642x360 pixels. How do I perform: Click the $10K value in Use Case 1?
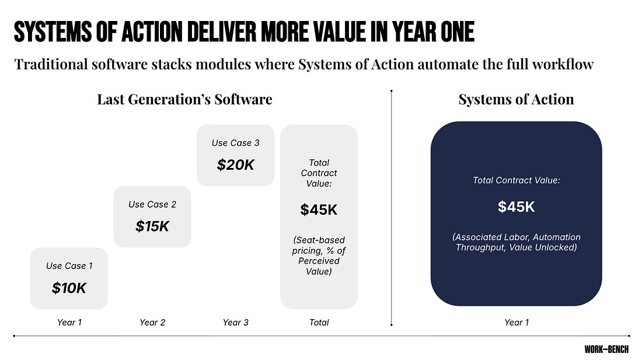pyautogui.click(x=69, y=288)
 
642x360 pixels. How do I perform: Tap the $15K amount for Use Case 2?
pyautogui.click(x=152, y=226)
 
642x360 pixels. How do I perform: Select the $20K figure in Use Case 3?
pyautogui.click(x=235, y=165)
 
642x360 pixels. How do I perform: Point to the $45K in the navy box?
pyautogui.click(x=517, y=207)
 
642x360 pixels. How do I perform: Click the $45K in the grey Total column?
pyautogui.click(x=319, y=209)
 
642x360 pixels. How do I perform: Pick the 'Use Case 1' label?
pyautogui.click(x=69, y=266)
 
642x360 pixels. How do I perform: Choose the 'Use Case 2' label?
pyautogui.click(x=152, y=205)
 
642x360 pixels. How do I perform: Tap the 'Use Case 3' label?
pyautogui.click(x=235, y=143)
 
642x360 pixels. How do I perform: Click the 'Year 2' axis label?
pyautogui.click(x=152, y=322)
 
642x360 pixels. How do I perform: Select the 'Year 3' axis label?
pyautogui.click(x=235, y=322)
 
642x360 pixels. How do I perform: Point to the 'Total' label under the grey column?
pyautogui.click(x=319, y=322)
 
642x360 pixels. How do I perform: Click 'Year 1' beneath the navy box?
pyautogui.click(x=517, y=322)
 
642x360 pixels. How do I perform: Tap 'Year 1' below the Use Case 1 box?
pyautogui.click(x=69, y=322)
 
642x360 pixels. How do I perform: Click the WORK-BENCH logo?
pyautogui.click(x=606, y=349)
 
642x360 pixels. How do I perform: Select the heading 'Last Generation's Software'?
pyautogui.click(x=184, y=99)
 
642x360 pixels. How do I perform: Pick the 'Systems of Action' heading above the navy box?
pyautogui.click(x=517, y=99)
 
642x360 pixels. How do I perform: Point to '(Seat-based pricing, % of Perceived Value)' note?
pyautogui.click(x=319, y=256)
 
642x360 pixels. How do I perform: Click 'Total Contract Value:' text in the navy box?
pyautogui.click(x=517, y=180)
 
